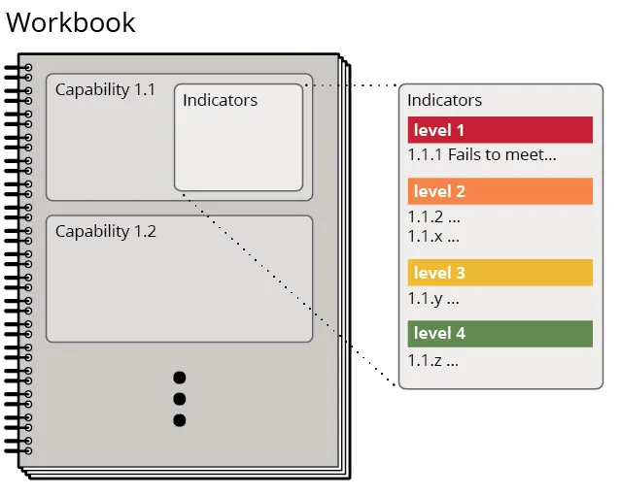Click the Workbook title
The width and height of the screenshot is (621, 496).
(x=71, y=22)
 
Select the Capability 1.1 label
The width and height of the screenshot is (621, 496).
(x=105, y=90)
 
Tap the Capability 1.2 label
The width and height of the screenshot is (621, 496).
(x=106, y=231)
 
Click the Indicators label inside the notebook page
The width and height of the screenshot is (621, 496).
(x=221, y=100)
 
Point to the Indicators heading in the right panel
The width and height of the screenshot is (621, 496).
(x=445, y=100)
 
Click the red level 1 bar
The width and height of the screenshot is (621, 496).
(x=500, y=130)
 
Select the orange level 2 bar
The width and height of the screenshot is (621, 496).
(x=500, y=191)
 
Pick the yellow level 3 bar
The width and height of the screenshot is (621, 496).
(x=500, y=273)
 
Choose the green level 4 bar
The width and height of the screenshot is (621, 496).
(x=500, y=334)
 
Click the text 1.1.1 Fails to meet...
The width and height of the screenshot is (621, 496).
(x=482, y=154)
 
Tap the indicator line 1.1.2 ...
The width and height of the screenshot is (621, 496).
(x=434, y=216)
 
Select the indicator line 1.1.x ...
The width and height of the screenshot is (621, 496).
(x=433, y=236)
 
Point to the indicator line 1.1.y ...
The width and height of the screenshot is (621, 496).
(x=433, y=299)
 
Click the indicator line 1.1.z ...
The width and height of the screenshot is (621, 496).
(x=433, y=360)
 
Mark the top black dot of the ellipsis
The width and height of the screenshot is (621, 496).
(x=180, y=378)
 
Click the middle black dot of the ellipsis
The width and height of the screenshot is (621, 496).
(x=180, y=399)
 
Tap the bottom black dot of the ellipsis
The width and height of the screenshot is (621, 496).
(x=180, y=420)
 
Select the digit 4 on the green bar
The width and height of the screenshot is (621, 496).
(x=461, y=334)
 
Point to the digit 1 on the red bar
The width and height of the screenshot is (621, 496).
(x=461, y=130)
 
